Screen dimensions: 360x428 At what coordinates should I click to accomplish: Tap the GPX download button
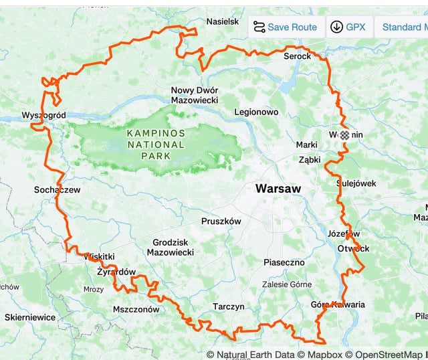348,27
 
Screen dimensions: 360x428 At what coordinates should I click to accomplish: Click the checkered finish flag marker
344,134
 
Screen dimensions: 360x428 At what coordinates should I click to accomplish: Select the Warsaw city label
278,189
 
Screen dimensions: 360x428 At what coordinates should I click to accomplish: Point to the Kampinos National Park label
156,144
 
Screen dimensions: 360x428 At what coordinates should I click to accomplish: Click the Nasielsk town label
223,21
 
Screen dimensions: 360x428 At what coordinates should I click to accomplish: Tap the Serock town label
298,56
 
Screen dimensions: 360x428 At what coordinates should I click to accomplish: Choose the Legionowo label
256,112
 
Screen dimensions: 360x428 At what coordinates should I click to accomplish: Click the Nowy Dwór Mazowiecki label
195,95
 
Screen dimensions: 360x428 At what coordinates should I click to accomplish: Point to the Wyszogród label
43,115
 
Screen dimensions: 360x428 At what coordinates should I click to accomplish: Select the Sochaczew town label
57,189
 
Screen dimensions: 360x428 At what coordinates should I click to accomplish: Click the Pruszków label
221,221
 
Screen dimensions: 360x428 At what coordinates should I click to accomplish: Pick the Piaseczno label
284,262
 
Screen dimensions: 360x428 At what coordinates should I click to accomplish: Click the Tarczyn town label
228,306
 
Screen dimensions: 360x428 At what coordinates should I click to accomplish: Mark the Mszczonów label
136,309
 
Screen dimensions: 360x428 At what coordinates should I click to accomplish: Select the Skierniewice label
30,317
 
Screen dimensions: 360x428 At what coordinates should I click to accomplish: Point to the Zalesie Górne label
288,284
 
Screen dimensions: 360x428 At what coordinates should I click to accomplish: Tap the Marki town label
306,145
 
